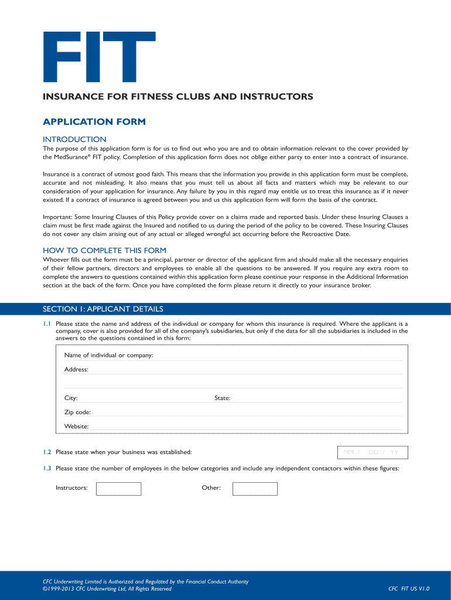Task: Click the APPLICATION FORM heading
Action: tap(94, 122)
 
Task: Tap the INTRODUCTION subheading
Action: tap(74, 139)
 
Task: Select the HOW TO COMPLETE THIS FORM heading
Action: tap(104, 250)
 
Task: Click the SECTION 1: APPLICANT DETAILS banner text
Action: tap(103, 309)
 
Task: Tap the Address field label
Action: tap(76, 370)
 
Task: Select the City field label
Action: tap(71, 398)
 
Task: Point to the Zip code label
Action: tap(77, 412)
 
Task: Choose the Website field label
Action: tap(76, 427)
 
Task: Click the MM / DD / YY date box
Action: tap(373, 452)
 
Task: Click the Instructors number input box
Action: tap(118, 489)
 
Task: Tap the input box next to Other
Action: tap(255, 489)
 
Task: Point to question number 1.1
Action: tap(47, 323)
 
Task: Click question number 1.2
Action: tap(47, 452)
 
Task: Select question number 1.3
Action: tap(47, 468)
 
